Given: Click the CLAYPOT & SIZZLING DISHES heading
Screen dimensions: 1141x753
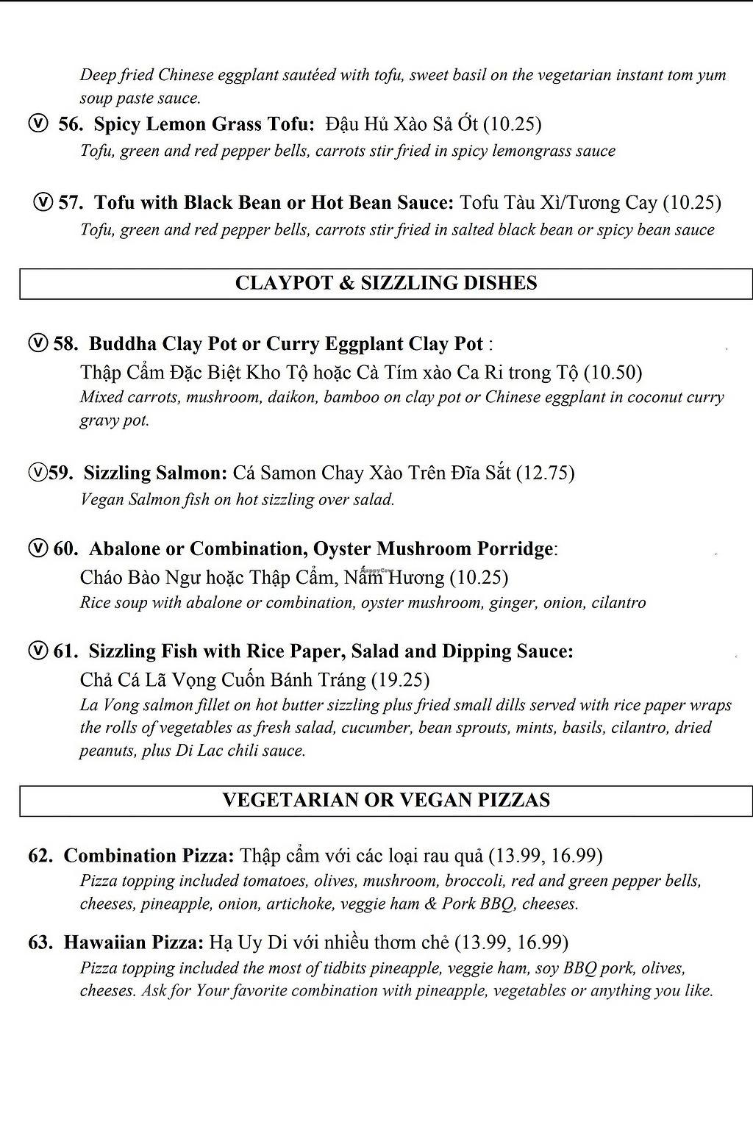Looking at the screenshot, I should (x=386, y=284).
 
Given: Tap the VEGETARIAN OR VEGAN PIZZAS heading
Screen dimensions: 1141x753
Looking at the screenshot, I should (x=386, y=801).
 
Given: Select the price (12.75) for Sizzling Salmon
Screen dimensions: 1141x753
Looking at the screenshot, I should (x=545, y=473).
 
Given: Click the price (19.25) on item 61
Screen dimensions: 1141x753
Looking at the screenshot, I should (x=401, y=680).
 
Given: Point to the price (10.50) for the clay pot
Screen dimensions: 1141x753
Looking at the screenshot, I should (x=613, y=373).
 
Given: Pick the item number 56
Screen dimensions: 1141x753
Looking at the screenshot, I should (x=71, y=124).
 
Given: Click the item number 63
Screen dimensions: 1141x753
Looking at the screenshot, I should (x=40, y=943).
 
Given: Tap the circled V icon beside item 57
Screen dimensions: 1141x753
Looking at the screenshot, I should (x=44, y=202).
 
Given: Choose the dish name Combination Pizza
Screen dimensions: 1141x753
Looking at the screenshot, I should (x=149, y=856).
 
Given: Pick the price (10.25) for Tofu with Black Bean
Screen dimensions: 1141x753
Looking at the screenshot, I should (x=691, y=203).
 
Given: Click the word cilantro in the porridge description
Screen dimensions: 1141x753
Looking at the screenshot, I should (x=616, y=603).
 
